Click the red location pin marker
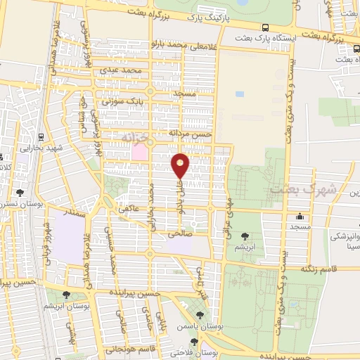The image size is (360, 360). (x=181, y=166)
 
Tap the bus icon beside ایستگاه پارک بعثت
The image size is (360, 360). (x=265, y=27)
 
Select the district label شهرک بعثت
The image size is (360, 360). (x=293, y=191)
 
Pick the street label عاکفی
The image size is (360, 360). (x=131, y=208)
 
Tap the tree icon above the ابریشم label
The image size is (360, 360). (x=245, y=236)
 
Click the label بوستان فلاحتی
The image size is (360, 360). (x=193, y=352)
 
